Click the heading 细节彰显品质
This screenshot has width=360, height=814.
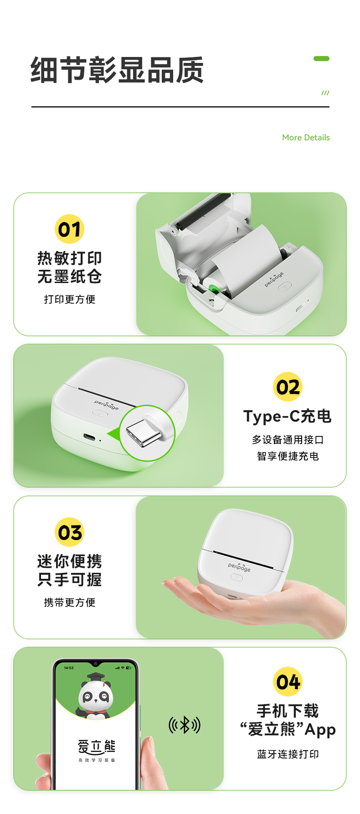[x=117, y=70]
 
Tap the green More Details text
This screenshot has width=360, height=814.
[x=306, y=138]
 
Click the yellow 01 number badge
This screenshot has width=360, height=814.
[x=70, y=229]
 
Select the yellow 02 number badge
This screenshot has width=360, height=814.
[x=288, y=387]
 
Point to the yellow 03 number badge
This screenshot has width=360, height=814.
[x=70, y=532]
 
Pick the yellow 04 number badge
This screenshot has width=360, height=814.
[x=288, y=682]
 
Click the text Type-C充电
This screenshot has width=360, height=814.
[x=288, y=416]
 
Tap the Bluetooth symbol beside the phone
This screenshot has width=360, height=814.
[x=185, y=725]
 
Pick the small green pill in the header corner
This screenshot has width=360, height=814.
[x=321, y=58]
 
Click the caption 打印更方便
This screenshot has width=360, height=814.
[x=70, y=299]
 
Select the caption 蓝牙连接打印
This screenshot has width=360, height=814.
[x=288, y=754]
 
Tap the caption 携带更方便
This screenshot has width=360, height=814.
[x=70, y=603]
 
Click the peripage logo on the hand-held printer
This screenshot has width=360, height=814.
[x=239, y=567]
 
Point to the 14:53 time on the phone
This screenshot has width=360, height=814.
[x=69, y=668]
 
